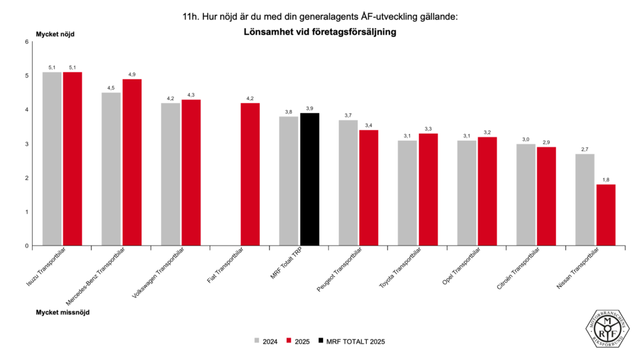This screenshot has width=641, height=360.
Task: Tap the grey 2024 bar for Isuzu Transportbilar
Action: pos(52,159)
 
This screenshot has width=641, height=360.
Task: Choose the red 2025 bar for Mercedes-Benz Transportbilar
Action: pos(132,162)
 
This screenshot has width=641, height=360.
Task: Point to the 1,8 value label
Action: pos(605,179)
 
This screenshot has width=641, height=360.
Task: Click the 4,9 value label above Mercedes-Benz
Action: pos(132,74)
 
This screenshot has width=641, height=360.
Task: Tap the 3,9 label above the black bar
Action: pos(310,108)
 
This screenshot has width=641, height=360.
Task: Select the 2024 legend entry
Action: pos(266,341)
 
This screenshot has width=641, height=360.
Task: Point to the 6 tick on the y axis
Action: pos(27,42)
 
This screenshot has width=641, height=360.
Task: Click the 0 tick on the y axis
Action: pos(27,246)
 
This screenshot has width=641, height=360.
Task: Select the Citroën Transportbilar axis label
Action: pos(517,270)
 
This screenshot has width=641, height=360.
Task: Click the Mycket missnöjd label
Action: pos(62,312)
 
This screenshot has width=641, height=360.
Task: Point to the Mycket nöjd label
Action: pos(55,34)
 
